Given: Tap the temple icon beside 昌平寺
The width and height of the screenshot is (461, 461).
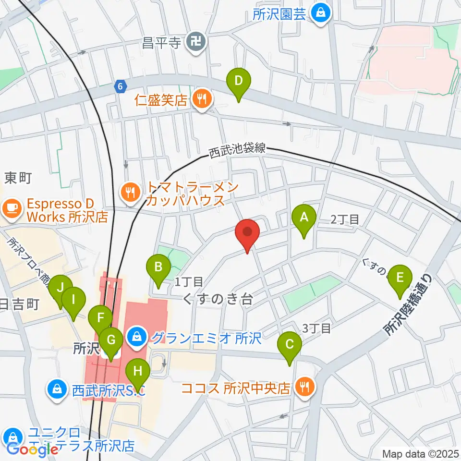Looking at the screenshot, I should point(196,43).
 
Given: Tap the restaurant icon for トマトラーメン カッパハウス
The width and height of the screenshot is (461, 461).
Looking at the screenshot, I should point(130,193).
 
